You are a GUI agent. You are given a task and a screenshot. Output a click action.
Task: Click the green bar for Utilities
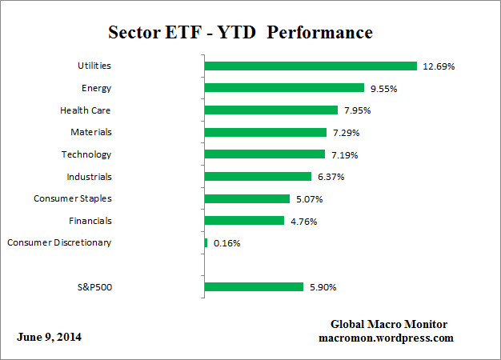click(x=311, y=66)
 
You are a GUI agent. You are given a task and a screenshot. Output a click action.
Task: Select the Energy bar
click(x=284, y=88)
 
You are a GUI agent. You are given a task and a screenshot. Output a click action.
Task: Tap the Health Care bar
click(x=271, y=110)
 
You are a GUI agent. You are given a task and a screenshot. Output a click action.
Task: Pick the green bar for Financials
click(x=244, y=221)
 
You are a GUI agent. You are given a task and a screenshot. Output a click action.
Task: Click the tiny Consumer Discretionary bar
click(x=206, y=242)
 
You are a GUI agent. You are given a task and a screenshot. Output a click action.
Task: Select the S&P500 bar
click(x=254, y=286)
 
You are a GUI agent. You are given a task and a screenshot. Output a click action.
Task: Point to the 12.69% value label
click(x=439, y=66)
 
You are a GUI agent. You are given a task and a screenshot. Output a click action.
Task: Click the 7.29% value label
click(x=348, y=133)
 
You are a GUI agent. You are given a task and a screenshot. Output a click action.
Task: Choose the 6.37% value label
click(x=333, y=177)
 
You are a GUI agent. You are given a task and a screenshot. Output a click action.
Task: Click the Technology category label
click(x=86, y=154)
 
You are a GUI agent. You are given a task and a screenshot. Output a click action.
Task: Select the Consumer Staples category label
click(x=72, y=198)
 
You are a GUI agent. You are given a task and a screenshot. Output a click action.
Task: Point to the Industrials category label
click(x=89, y=177)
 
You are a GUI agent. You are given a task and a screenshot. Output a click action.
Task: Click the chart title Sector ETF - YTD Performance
click(x=240, y=33)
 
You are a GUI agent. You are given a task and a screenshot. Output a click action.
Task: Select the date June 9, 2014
click(x=49, y=337)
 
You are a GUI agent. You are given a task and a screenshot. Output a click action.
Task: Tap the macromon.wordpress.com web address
click(x=386, y=338)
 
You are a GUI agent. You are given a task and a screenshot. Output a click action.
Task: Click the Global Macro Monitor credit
click(x=388, y=324)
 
